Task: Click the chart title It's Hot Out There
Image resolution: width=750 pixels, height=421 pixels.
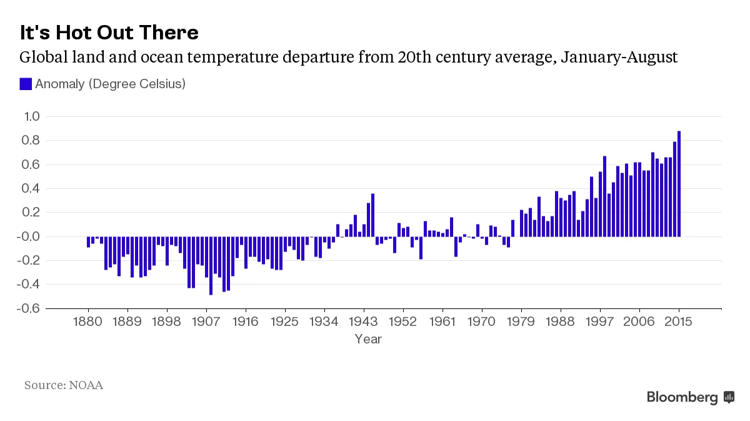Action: click(x=109, y=33)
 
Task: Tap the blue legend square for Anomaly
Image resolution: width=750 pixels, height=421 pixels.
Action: click(x=26, y=84)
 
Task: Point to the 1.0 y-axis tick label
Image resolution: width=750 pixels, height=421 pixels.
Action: click(x=31, y=116)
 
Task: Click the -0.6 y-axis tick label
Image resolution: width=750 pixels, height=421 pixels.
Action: click(x=30, y=308)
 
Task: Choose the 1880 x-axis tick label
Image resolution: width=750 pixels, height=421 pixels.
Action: click(x=88, y=322)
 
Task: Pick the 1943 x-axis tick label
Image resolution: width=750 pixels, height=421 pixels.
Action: click(x=364, y=322)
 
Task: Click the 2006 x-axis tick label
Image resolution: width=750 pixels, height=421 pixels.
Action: click(x=639, y=322)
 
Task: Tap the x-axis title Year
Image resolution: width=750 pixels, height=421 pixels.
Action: click(x=368, y=339)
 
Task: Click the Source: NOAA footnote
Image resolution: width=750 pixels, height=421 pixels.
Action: click(x=64, y=385)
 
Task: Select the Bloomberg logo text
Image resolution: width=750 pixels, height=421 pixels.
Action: click(x=682, y=397)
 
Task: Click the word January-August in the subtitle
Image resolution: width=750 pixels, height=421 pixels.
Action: click(x=619, y=58)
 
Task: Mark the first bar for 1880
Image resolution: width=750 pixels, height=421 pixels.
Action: click(x=88, y=241)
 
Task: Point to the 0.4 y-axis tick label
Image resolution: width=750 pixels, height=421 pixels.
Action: click(x=31, y=188)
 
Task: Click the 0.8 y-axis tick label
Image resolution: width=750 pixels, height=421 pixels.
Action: click(x=31, y=141)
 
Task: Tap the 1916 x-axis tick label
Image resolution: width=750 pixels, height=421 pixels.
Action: click(x=246, y=322)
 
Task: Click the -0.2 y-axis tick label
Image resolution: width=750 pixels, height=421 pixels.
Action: click(x=30, y=260)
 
